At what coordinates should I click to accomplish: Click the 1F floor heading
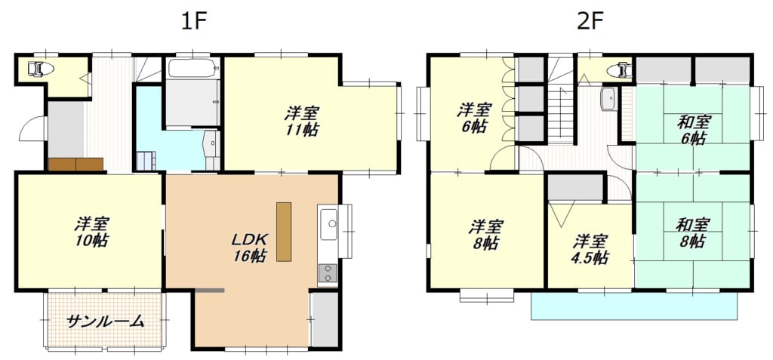192,21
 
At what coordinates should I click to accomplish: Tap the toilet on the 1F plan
40,69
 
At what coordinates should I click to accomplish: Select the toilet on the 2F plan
619,70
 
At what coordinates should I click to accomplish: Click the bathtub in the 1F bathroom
192,68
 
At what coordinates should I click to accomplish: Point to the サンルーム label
105,322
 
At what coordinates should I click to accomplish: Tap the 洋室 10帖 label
91,232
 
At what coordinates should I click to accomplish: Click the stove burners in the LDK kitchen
328,272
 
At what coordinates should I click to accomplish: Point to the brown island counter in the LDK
284,231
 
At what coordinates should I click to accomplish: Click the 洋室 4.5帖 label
590,250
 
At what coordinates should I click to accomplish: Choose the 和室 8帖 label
693,233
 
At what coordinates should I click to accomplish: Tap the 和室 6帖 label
693,130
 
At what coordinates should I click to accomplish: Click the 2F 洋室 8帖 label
485,235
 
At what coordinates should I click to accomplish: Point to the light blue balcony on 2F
634,306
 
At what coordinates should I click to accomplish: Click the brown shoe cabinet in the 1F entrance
76,165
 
